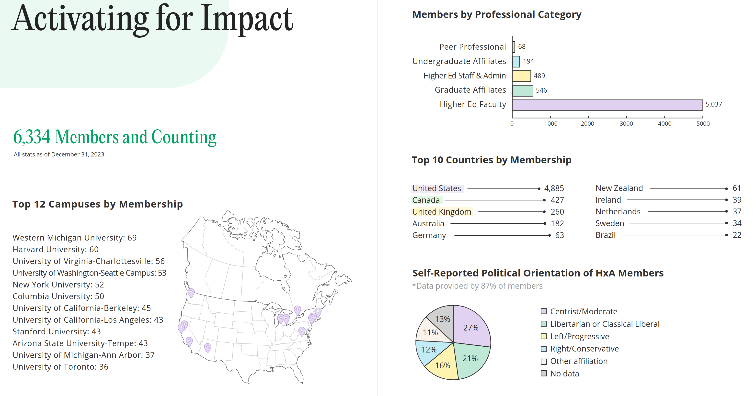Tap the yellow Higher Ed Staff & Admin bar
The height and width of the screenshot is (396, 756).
tap(521, 76)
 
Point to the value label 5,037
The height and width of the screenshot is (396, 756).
tap(713, 104)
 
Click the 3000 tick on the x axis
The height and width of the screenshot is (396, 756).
tap(626, 124)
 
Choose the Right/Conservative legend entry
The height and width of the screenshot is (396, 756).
tap(584, 349)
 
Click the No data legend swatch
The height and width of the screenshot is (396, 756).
tap(544, 374)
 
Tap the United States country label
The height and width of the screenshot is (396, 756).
tap(436, 188)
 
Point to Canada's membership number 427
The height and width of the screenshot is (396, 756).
tap(557, 200)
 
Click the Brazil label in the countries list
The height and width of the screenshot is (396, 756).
tap(605, 235)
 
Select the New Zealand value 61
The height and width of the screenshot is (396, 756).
tap(737, 188)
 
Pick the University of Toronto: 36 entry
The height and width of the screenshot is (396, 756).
tap(60, 367)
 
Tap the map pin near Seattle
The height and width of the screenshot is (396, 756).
tap(191, 292)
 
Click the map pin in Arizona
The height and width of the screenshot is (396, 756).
tap(207, 347)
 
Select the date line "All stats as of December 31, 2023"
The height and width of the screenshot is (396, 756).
tap(59, 154)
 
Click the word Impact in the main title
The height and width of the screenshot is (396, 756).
tap(247, 19)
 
